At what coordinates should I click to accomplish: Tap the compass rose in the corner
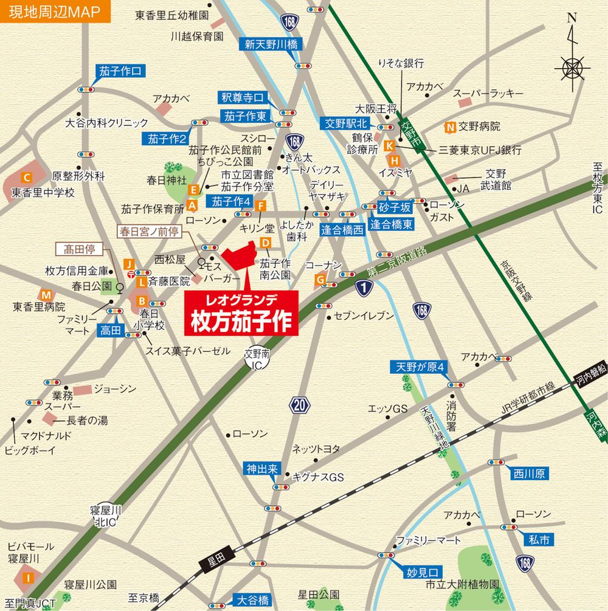tap(572, 65)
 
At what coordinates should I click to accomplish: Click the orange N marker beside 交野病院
tap(450, 127)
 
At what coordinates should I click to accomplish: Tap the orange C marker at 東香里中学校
tap(26, 178)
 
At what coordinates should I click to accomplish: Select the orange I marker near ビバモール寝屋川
tap(27, 577)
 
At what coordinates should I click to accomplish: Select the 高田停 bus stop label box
tap(81, 248)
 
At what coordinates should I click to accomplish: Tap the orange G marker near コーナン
tap(320, 279)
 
